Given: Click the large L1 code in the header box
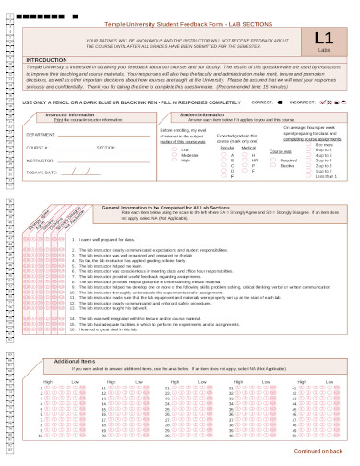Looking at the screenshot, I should (323, 38).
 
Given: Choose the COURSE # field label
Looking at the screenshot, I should (37, 147).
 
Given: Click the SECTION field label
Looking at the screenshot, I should (106, 147).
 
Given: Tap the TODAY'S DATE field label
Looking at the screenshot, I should (42, 173).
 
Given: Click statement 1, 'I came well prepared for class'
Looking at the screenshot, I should (112, 239).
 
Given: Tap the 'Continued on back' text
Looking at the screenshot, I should (318, 450).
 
